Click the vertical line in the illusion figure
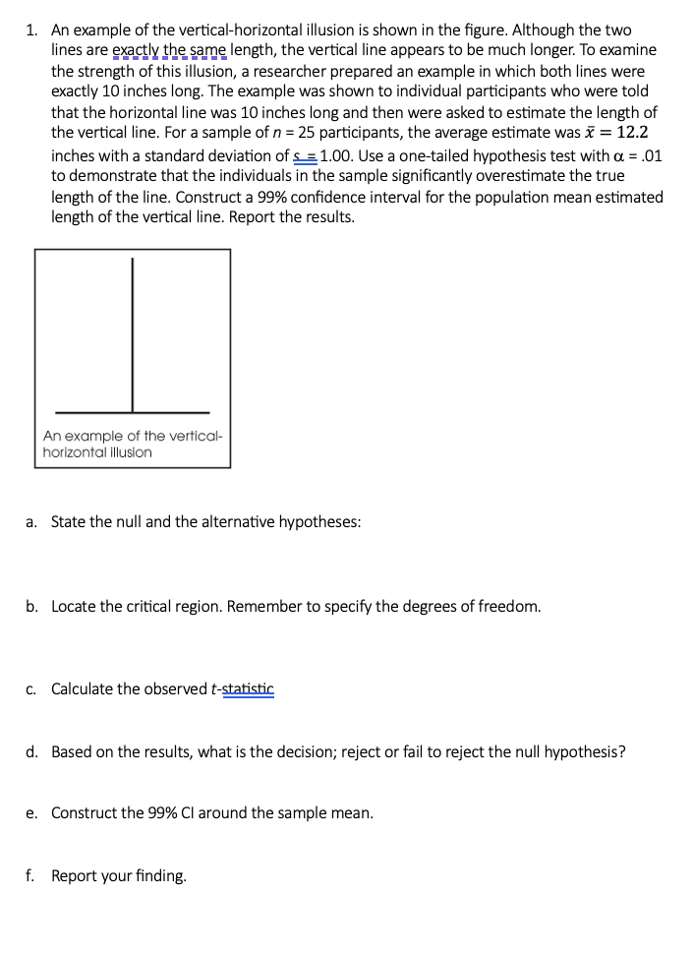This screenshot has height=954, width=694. click(x=133, y=334)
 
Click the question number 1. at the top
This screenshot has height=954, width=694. click(x=31, y=31)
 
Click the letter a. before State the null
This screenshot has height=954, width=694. click(x=31, y=521)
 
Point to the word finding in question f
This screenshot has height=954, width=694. click(x=157, y=875)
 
